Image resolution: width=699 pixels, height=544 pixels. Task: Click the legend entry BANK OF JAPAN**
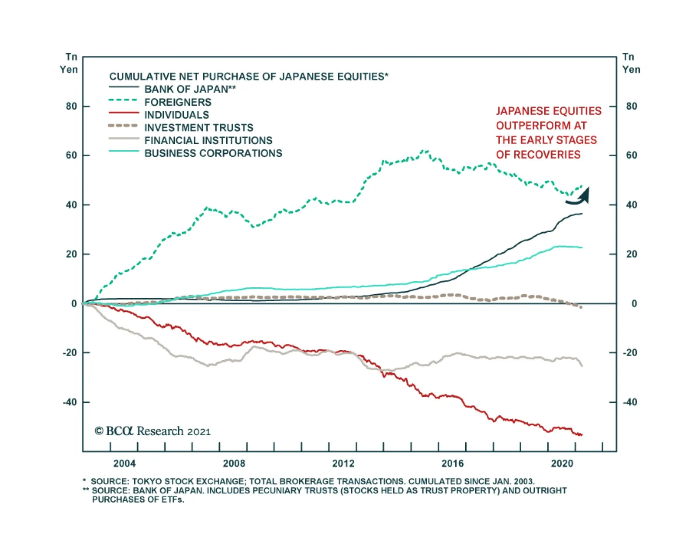point(190,89)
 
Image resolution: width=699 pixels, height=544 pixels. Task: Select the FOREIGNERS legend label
point(178,102)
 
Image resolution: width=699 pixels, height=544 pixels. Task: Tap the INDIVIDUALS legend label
point(176,115)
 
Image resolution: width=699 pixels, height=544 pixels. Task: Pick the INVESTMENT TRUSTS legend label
point(199,127)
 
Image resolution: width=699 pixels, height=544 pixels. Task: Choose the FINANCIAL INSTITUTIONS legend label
point(208,141)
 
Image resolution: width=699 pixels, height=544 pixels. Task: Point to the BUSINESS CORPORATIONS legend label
point(213,153)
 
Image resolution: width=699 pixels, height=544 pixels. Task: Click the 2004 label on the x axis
point(125,463)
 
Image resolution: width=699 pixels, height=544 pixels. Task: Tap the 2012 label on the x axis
point(343,463)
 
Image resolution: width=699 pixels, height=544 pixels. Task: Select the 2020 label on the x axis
point(562,463)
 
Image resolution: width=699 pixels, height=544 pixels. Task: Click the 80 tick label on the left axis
point(71,106)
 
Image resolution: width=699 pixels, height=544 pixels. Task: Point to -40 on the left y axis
point(69,402)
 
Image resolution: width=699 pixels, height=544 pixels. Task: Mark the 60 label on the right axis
point(631,155)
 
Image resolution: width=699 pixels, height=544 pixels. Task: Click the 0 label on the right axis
point(634,303)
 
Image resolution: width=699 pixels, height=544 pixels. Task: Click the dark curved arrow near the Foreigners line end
point(579,197)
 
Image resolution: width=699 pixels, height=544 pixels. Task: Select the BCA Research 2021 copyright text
point(152,431)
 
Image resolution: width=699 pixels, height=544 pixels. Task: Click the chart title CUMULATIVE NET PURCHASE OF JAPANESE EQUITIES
point(248,77)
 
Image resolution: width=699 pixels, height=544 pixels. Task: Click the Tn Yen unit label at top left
point(69,63)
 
